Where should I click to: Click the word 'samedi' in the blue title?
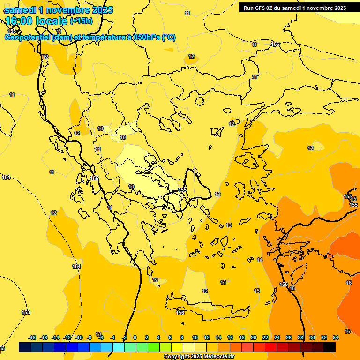[x=21, y=10]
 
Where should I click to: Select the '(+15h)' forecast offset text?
[x=81, y=21]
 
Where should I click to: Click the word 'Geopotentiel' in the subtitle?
[x=27, y=37]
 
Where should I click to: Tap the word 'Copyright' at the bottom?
[x=176, y=357]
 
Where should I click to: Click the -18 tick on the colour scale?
[x=32, y=337]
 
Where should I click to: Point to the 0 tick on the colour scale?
[x=135, y=337]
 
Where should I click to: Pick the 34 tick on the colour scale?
[x=336, y=337]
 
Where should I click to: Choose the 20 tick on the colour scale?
[x=254, y=337]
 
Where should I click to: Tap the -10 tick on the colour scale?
[x=78, y=337]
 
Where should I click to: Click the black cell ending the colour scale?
[x=330, y=347]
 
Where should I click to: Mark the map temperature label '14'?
[x=260, y=260]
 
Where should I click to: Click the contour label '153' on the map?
[x=26, y=312]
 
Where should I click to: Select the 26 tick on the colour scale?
[x=289, y=337]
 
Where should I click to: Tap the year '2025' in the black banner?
[x=337, y=8]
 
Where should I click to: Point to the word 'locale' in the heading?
[x=50, y=21]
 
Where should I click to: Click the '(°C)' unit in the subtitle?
[x=169, y=37]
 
